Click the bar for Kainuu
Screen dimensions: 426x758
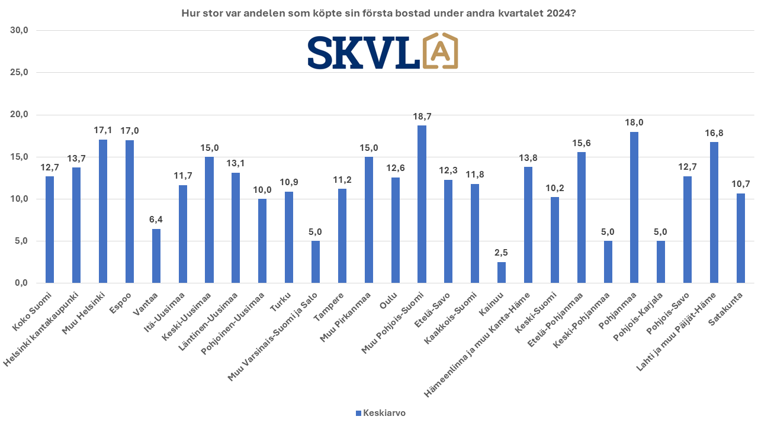502,273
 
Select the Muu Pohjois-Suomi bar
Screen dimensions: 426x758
422,204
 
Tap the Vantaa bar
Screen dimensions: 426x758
156,256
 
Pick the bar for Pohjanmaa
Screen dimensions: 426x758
634,207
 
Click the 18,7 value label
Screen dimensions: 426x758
422,117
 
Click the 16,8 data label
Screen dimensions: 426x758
714,133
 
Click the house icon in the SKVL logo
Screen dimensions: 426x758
439,51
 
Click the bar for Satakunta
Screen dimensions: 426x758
741,238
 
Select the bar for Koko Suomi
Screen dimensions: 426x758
50,230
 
